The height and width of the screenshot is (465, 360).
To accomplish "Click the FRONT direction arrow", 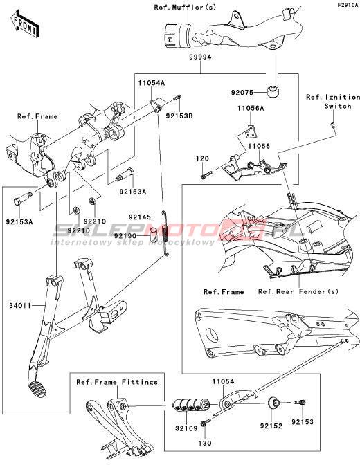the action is click(x=24, y=24).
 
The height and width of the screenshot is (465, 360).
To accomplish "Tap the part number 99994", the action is click(x=200, y=57).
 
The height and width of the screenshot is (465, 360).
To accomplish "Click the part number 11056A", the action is click(x=251, y=108).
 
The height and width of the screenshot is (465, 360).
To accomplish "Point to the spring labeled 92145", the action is click(x=165, y=233).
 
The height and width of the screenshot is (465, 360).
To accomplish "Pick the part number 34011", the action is click(x=20, y=305).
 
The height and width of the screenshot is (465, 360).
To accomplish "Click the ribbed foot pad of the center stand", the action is click(x=37, y=386).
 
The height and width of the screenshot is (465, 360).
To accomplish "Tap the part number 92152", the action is click(x=271, y=426).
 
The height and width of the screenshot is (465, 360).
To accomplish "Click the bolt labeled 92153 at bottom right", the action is click(x=300, y=403).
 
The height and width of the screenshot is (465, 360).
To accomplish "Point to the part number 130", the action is click(x=204, y=443).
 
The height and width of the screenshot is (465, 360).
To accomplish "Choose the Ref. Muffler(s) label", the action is click(x=185, y=7).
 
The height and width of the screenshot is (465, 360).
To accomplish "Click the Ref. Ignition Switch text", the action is click(x=333, y=102).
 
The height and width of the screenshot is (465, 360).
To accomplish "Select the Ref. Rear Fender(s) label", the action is click(x=298, y=291).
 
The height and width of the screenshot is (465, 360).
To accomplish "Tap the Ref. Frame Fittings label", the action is click(x=117, y=382).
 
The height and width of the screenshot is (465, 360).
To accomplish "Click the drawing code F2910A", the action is click(x=348, y=5).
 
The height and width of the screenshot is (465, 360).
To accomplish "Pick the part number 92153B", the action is click(x=179, y=116).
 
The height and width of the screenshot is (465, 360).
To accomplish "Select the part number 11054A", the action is click(x=152, y=83).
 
